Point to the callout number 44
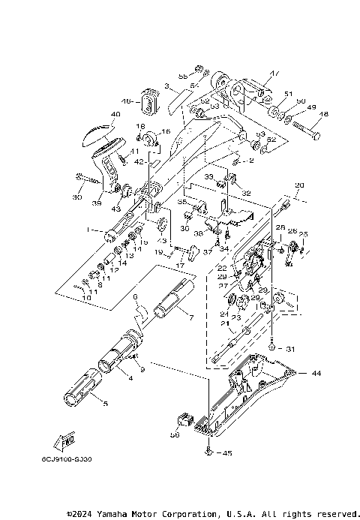click(316, 373)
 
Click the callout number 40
click(115, 115)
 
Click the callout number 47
click(274, 74)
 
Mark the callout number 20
click(300, 185)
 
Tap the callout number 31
click(292, 348)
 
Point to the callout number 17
click(180, 266)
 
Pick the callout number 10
click(86, 298)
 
